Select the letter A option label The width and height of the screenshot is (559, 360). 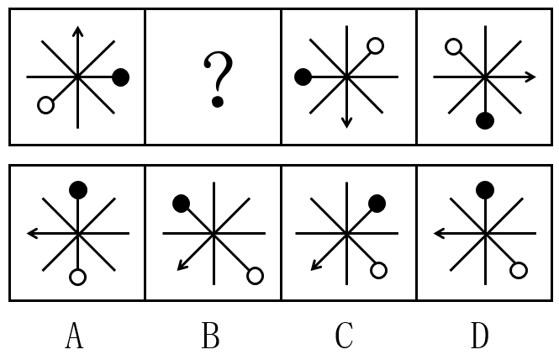tap(74, 336)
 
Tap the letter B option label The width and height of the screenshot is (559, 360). tap(210, 336)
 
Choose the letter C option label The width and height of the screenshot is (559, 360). tap(344, 336)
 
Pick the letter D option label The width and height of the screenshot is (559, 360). tap(480, 336)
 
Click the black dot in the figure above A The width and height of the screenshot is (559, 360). tap(77, 190)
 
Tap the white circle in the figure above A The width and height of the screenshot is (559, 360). tap(77, 276)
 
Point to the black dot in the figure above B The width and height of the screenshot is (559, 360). tap(181, 203)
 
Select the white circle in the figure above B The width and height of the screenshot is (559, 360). tap(255, 275)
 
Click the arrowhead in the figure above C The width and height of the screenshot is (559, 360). tap(315, 267)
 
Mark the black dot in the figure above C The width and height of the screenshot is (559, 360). tap(377, 203)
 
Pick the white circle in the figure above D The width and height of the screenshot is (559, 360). tap(519, 270)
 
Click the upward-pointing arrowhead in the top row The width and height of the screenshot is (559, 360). tap(77, 31)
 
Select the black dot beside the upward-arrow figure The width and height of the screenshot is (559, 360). tap(121, 77)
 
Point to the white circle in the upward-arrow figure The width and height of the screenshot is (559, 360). tap(45, 105)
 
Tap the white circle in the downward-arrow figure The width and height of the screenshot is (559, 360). tap(376, 46)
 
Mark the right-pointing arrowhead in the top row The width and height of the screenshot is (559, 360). tap(530, 77)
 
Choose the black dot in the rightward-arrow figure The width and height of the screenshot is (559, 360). tap(484, 121)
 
